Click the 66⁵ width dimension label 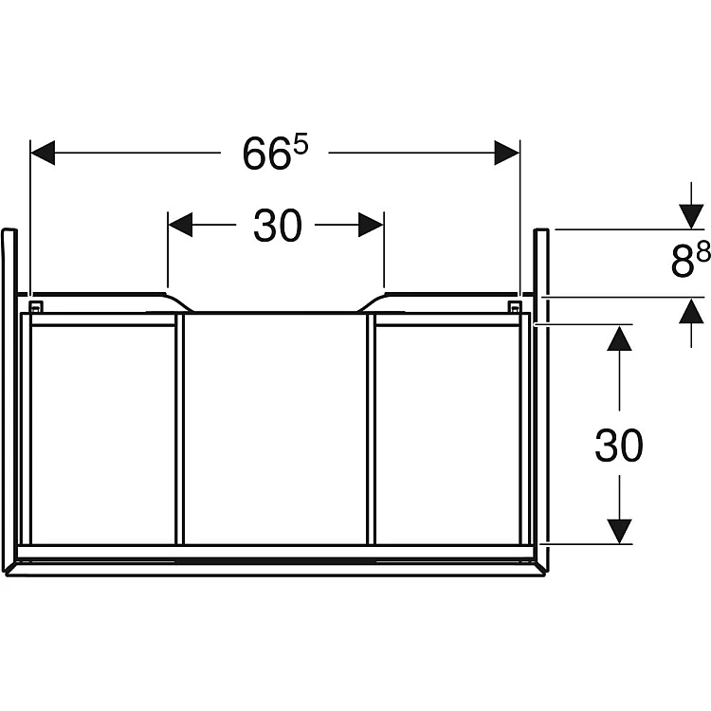coord(276,152)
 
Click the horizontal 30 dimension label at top coord(277,226)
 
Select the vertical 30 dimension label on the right coord(618,446)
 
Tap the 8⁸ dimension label coord(690,259)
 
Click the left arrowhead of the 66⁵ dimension coord(43,153)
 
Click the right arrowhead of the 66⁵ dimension coord(506,153)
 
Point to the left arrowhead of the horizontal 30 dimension coord(180,225)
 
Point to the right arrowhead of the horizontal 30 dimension coord(371,225)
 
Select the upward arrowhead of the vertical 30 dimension coord(619,337)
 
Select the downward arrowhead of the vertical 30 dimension coord(619,532)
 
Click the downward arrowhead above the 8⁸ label coord(691,217)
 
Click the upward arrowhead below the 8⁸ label coord(691,311)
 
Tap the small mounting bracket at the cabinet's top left coord(35,306)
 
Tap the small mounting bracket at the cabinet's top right coord(514,306)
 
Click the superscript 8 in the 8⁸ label coord(703,251)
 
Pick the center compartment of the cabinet coord(275,428)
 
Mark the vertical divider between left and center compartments coord(180,428)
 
